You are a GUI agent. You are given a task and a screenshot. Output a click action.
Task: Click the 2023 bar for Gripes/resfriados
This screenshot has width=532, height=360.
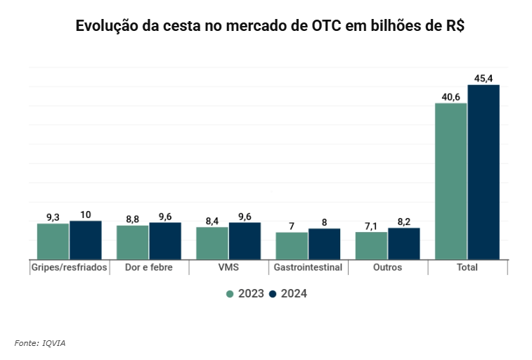coord(53,241)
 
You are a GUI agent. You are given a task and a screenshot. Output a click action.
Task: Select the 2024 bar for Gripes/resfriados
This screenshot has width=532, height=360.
coord(85,240)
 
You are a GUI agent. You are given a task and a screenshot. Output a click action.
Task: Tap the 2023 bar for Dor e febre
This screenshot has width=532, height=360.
coord(132,242)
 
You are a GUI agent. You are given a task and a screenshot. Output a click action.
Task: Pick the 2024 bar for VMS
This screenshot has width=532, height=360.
coord(245,240)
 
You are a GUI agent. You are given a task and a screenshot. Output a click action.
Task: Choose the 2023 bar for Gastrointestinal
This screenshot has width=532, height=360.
coord(292,245)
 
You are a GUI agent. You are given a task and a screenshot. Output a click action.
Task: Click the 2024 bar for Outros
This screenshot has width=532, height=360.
coord(403,243)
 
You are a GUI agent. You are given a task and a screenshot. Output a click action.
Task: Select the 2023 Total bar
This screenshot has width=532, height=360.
coord(450,181)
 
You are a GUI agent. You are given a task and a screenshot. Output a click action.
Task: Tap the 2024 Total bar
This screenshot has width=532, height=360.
coord(484,172)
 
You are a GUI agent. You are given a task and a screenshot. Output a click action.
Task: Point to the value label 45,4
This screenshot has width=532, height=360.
coord(484,78)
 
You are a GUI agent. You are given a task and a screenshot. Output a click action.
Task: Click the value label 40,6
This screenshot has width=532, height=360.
coord(450,96)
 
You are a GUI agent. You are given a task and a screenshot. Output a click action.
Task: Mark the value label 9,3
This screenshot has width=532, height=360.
coord(53,217)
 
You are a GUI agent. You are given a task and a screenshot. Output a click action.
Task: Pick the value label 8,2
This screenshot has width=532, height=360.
coord(403,221)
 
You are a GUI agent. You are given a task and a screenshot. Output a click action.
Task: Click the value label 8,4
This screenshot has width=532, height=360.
coord(212,221)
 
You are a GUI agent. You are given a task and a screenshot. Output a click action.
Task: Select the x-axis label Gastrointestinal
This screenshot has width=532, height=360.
coord(308,268)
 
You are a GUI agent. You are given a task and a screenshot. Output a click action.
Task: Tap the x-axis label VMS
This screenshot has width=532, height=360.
coord(228,268)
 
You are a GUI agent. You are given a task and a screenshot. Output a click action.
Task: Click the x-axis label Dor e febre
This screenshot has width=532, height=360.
coord(149,268)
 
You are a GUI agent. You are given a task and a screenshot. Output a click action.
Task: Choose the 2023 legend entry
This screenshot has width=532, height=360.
coord(245,294)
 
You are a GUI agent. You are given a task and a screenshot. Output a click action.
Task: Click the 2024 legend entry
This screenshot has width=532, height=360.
coord(288,294)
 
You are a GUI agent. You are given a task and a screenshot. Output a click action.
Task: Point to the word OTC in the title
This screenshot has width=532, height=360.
coord(326,27)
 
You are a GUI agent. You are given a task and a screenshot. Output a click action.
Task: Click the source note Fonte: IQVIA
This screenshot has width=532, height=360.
coord(40,342)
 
